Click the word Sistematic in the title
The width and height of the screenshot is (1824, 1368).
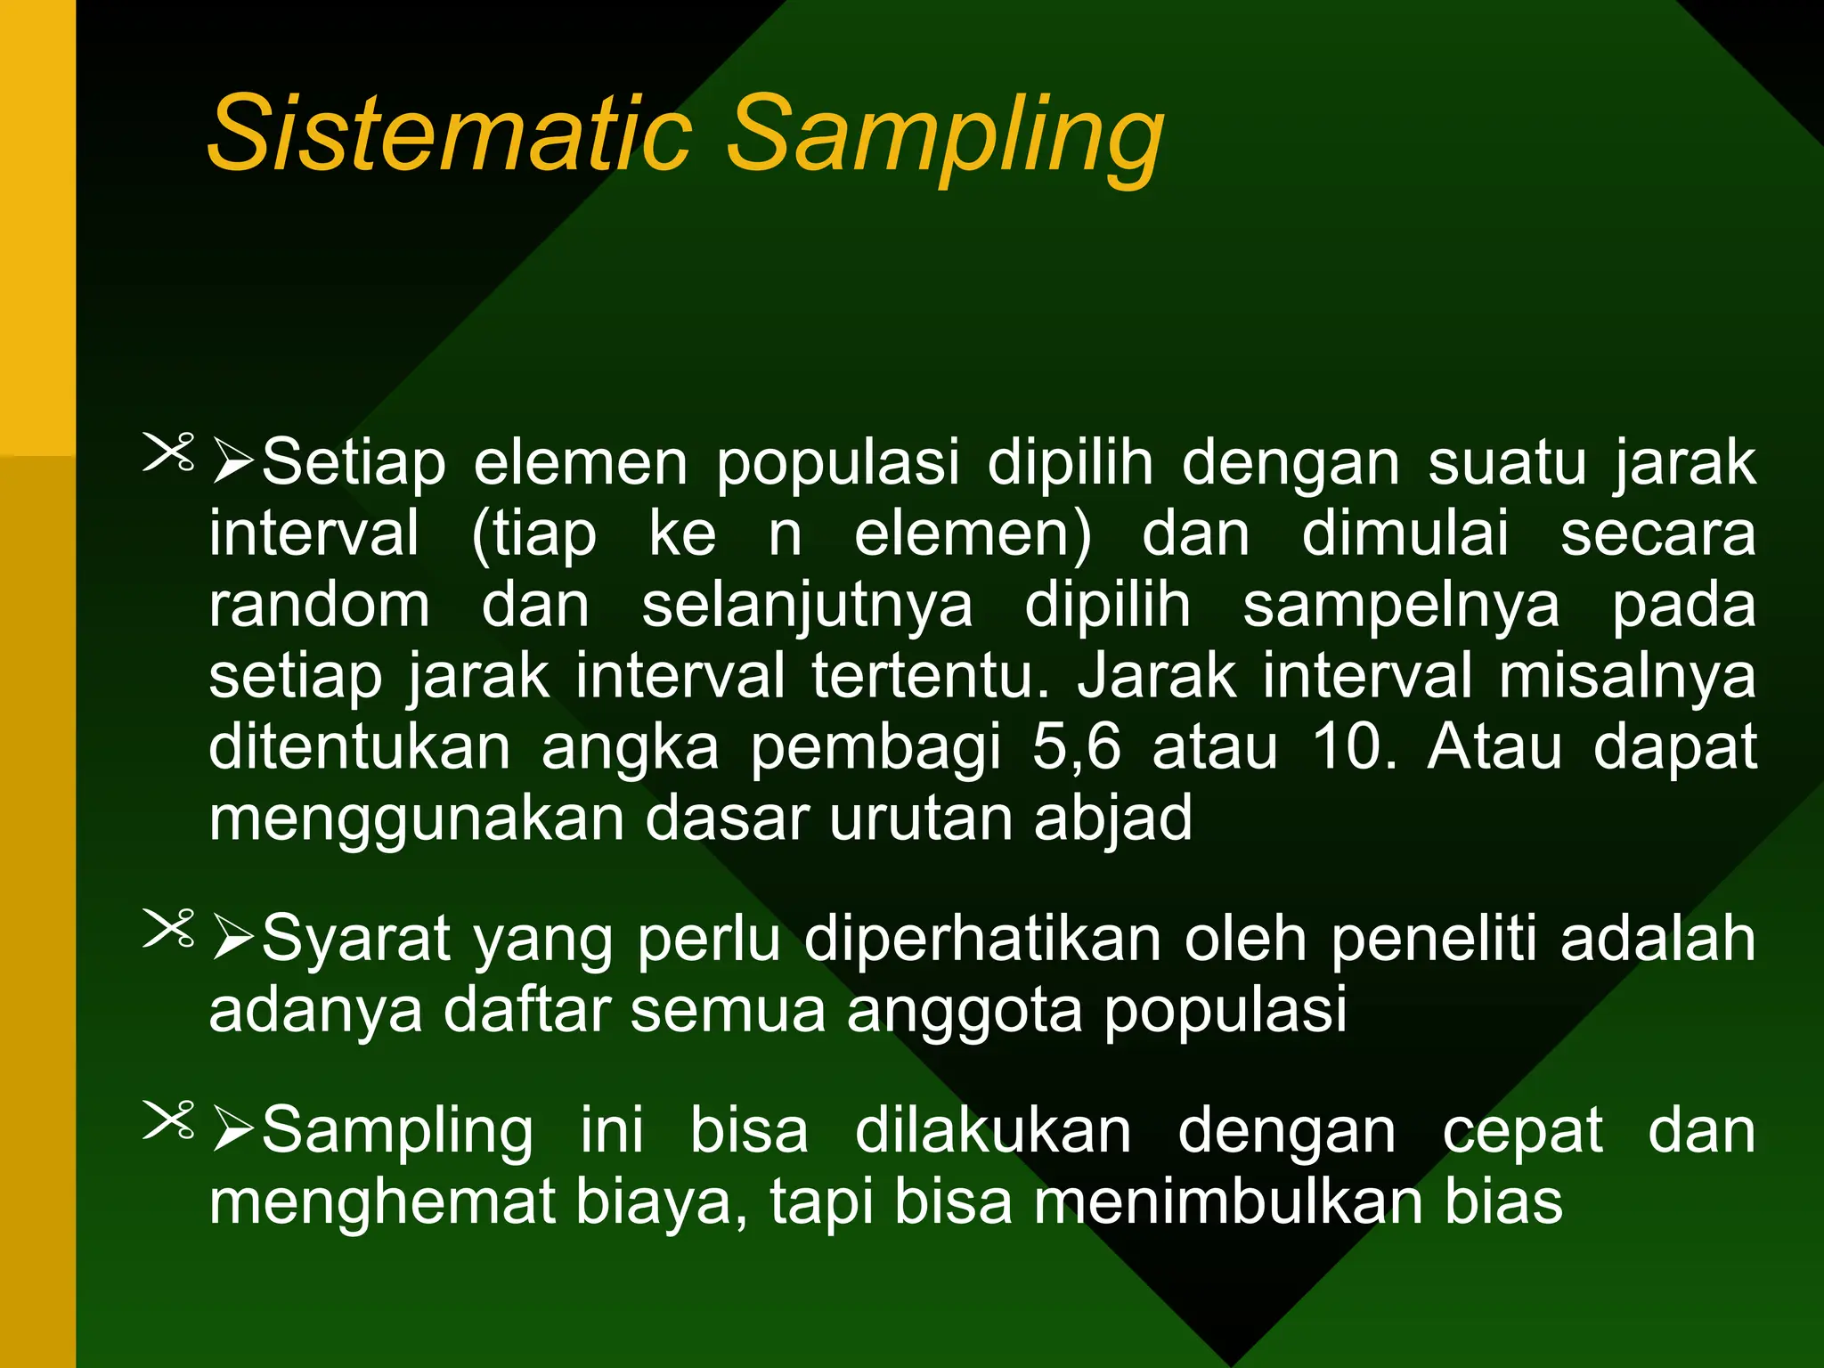point(450,134)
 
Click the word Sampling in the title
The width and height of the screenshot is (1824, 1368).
point(944,138)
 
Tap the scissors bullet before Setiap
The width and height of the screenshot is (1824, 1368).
point(168,452)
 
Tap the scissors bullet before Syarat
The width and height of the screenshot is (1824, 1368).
point(168,929)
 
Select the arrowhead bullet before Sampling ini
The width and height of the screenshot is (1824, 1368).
point(234,1132)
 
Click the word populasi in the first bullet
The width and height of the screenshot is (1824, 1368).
point(838,463)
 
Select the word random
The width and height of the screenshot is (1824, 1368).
point(320,606)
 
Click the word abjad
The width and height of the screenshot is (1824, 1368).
point(1112,819)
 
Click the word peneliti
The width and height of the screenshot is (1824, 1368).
point(1433,939)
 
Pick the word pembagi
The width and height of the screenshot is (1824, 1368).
point(875,748)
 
